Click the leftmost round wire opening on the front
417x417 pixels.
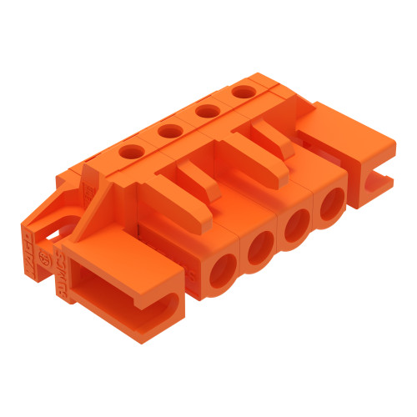[x=223, y=272]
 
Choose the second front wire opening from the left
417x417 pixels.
[x=260, y=246]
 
